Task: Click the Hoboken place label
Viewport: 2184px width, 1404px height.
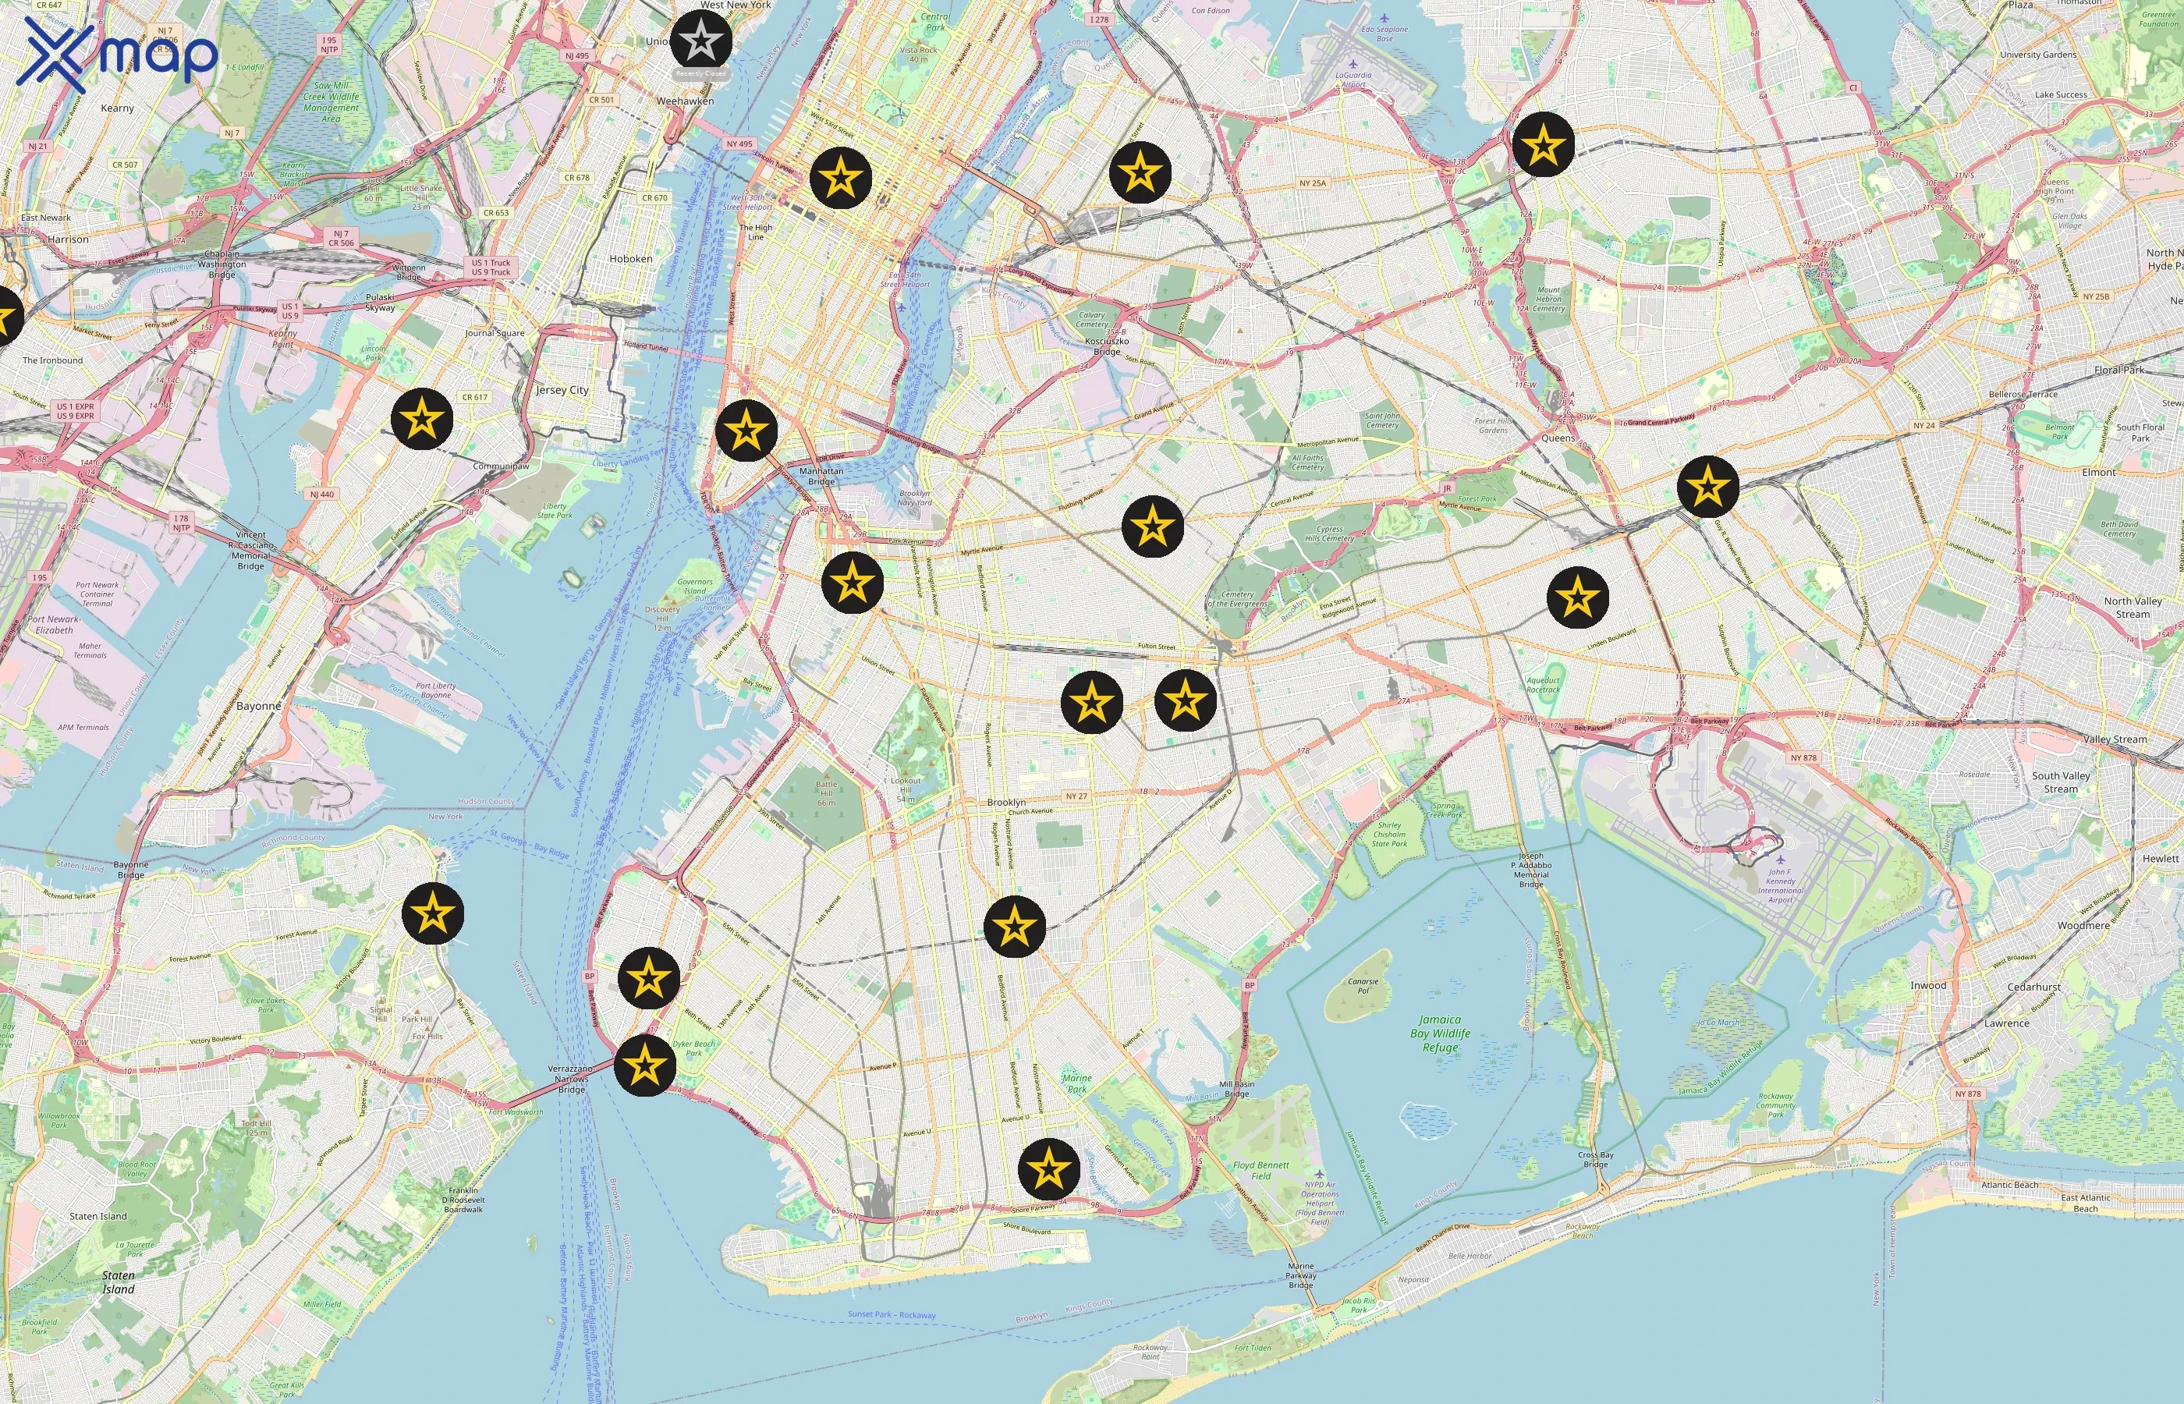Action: pos(631,259)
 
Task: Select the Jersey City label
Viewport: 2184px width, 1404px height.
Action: pos(562,390)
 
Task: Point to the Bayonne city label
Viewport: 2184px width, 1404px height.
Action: pos(259,707)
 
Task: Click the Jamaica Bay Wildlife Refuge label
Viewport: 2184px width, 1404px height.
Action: pos(1440,1033)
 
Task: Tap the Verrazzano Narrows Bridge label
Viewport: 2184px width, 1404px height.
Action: pos(571,1079)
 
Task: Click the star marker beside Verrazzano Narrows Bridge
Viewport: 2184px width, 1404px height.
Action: pos(645,1065)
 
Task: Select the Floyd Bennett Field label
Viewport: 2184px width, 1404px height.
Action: pos(1260,1171)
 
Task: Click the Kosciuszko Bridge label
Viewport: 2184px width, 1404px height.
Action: pos(1107,346)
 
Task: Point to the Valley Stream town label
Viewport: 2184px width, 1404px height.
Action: pos(2115,739)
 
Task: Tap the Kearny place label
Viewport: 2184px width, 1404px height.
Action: pos(118,108)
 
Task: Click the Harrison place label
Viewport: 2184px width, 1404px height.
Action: pos(69,239)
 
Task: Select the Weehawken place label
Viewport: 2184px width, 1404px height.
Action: pos(686,101)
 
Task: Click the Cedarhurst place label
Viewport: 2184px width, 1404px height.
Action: pos(2033,987)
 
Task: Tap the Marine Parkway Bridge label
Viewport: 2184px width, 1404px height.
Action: pos(1301,1275)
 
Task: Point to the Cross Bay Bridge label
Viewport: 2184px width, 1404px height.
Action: pos(1595,1160)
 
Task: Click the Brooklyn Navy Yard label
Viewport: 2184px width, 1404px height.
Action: pos(914,498)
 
